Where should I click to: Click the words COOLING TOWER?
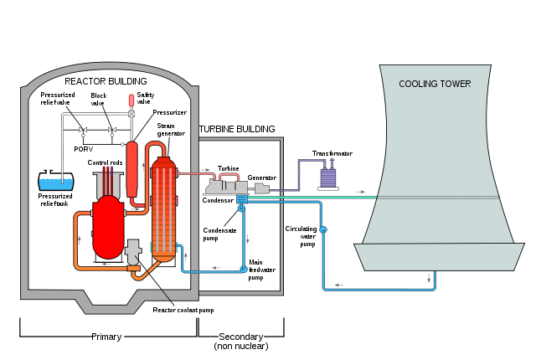coord(435,84)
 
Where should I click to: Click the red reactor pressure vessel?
coord(108,228)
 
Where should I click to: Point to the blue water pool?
coord(56,183)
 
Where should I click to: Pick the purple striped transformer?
coord(328,177)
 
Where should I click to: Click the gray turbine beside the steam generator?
coord(226,187)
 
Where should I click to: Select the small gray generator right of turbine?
coord(261,188)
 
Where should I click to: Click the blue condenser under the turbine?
coord(242,199)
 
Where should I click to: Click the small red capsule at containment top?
coord(131,100)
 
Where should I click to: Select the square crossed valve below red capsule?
coord(131,114)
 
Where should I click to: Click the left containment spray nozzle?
coord(83,131)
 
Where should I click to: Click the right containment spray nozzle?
coord(111,131)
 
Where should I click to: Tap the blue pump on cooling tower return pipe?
coord(323,229)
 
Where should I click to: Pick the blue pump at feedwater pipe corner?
coord(244,269)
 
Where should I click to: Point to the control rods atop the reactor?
coord(108,180)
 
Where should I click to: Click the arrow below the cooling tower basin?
coord(430,278)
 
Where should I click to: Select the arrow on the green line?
coord(360,192)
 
